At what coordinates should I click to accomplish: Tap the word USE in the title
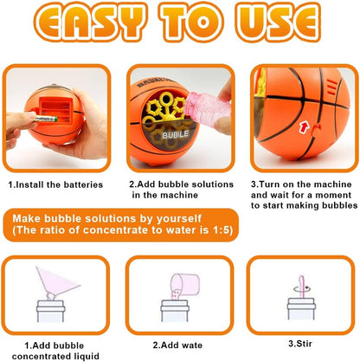tap(280, 22)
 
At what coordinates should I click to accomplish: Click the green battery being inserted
tap(46, 119)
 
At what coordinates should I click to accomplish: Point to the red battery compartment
tap(56, 110)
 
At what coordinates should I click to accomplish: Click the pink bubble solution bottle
tap(208, 111)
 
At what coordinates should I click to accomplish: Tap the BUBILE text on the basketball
tap(175, 134)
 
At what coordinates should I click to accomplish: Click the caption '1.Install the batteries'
tap(55, 184)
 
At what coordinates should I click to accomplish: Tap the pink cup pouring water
tap(186, 284)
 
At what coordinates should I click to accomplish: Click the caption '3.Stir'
tap(300, 344)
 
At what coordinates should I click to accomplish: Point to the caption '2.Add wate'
tap(177, 346)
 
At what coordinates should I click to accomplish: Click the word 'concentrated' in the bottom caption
tap(42, 357)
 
